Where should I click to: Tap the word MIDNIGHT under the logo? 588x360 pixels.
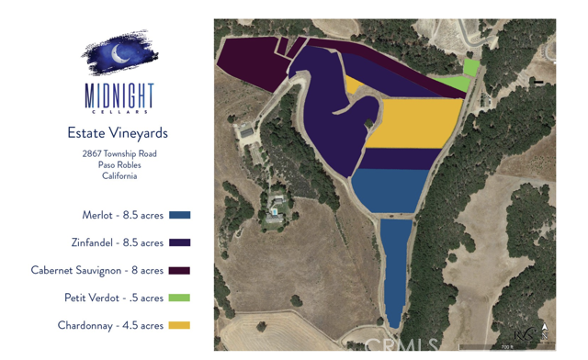(119, 96)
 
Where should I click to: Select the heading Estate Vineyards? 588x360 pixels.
(118, 133)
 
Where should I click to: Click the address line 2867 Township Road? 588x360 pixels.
(119, 153)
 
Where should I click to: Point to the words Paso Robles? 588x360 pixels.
(119, 164)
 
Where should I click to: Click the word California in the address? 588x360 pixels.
(119, 175)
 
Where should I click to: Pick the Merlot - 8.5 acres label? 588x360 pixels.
(123, 215)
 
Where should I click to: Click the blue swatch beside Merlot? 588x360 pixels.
(180, 215)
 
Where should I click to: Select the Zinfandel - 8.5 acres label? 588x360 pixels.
(118, 242)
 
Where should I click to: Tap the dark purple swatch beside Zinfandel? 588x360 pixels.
(180, 242)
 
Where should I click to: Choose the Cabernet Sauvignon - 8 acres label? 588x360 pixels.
(97, 270)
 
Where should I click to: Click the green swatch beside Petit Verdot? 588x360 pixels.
(180, 298)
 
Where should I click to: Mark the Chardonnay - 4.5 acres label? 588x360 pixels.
(110, 325)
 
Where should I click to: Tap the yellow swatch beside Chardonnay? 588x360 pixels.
(180, 325)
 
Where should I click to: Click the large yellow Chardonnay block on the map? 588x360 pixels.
(414, 123)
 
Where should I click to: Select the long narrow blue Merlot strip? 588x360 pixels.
(395, 271)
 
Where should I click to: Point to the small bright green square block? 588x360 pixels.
(471, 67)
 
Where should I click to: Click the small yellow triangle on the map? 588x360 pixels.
(351, 84)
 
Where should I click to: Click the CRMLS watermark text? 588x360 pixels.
(401, 346)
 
